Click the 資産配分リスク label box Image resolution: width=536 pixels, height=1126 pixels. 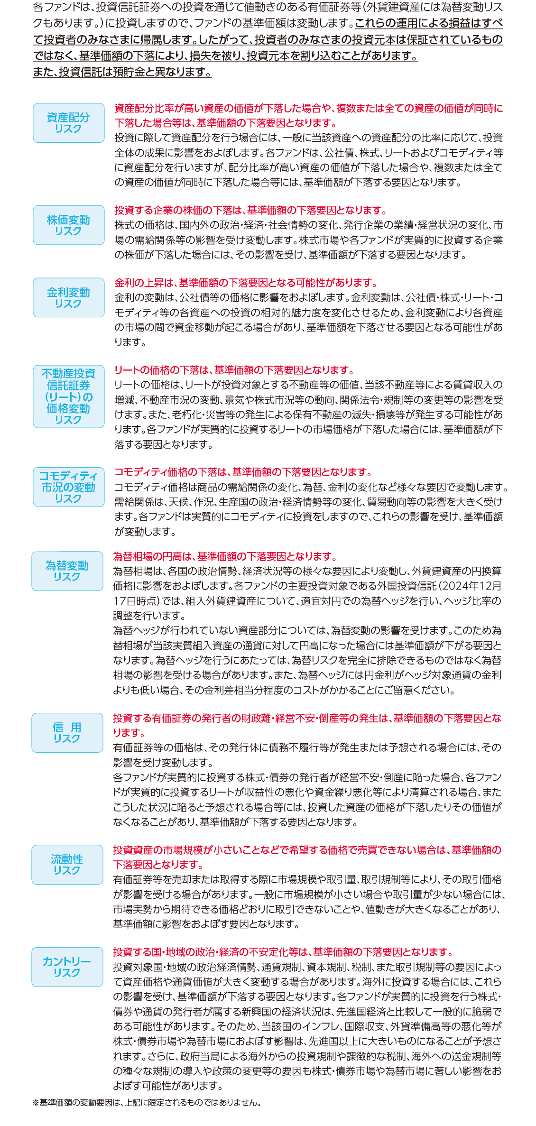pyautogui.click(x=69, y=123)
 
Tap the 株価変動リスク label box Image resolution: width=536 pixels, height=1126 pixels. pyautogui.click(x=69, y=225)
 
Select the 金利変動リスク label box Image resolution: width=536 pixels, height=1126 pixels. pyautogui.click(x=69, y=297)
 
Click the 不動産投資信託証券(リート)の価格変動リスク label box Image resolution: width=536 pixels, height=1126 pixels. pyautogui.click(x=69, y=397)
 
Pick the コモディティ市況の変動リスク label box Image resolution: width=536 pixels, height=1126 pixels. pyautogui.click(x=69, y=487)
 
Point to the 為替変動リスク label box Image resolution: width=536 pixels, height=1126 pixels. pyautogui.click(x=67, y=571)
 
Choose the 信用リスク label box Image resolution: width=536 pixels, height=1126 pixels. pyautogui.click(x=67, y=733)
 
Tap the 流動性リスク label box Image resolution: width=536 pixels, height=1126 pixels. pyautogui.click(x=67, y=865)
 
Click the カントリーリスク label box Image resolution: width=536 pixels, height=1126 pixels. pyautogui.click(x=67, y=967)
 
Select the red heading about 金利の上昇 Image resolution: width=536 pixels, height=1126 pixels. pyautogui.click(x=247, y=283)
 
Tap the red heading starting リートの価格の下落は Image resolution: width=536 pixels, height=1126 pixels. pyautogui.click(x=235, y=370)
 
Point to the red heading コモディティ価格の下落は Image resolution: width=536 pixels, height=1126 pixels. pyautogui.click(x=244, y=472)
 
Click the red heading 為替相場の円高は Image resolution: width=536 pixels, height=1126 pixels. pyautogui.click(x=226, y=556)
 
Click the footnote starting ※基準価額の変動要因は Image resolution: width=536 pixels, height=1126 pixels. pyautogui.click(x=147, y=1102)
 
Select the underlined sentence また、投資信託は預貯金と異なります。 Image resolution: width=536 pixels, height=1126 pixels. pyautogui.click(x=122, y=72)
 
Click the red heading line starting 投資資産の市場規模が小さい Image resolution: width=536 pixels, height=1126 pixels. pyautogui.click(x=307, y=850)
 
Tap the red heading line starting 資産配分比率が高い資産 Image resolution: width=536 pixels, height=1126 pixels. pyautogui.click(x=309, y=108)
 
